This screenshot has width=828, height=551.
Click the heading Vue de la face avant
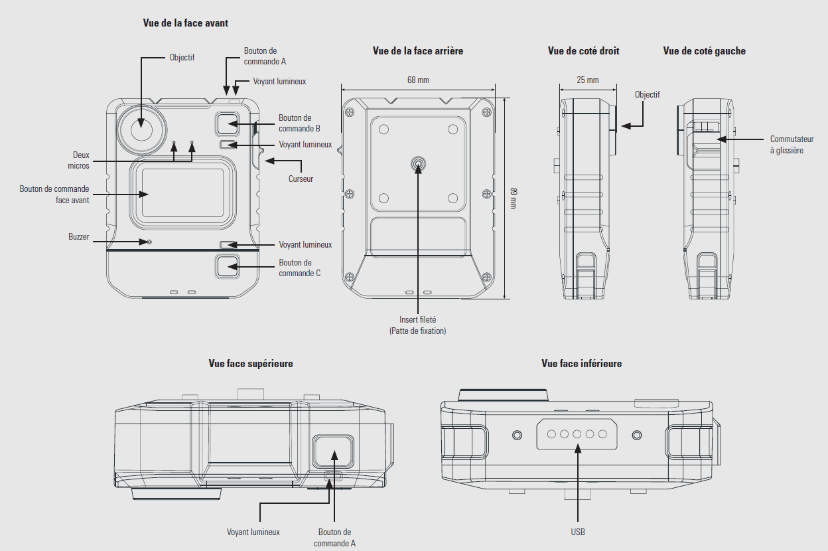point(185,23)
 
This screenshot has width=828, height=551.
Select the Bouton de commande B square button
point(227,123)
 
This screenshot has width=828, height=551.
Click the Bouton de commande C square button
point(227,266)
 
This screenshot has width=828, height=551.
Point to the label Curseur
point(301,179)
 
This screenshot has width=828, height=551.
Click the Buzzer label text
point(78,236)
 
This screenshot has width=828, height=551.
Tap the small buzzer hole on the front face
point(149,242)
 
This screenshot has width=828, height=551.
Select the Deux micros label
point(81,161)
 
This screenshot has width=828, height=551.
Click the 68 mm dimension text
point(418,80)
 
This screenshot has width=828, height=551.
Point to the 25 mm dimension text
point(587,80)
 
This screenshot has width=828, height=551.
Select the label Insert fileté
point(418,320)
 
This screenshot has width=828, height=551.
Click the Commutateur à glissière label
point(792,145)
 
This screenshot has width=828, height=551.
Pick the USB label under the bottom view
point(577,532)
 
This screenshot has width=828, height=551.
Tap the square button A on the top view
point(334,453)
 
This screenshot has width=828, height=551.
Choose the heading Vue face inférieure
point(581,363)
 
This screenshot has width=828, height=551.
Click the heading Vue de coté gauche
point(704,51)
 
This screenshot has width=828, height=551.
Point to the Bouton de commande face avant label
point(54,194)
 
